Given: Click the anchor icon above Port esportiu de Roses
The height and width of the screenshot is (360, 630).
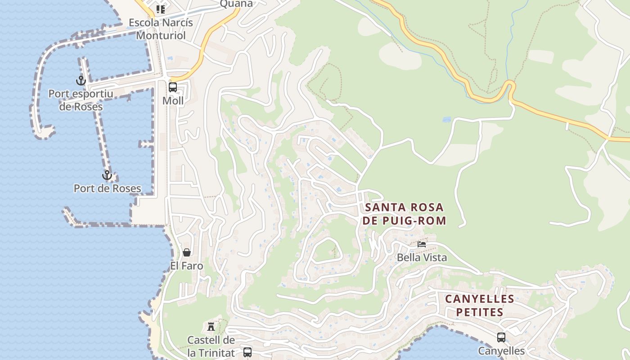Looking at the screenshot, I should click(x=81, y=81).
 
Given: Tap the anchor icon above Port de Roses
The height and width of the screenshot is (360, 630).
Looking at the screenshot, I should click(x=107, y=175).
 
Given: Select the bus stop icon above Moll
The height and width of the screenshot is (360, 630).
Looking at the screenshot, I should click(x=173, y=87).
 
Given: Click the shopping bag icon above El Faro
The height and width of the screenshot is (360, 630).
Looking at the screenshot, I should click(x=187, y=252).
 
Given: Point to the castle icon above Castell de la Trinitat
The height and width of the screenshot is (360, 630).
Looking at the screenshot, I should click(x=211, y=326).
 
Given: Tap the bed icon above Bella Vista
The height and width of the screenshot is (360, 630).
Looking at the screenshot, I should click(x=422, y=244).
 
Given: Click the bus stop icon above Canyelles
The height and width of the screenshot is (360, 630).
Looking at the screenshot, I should click(x=501, y=337).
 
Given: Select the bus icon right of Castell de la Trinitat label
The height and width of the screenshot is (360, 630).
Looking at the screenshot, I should click(x=247, y=352).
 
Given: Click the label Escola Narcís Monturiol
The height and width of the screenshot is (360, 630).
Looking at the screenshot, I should click(x=161, y=29).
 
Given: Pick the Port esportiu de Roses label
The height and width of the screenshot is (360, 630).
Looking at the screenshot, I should click(x=81, y=100).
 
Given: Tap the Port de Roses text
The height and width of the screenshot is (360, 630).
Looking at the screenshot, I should click(x=108, y=189).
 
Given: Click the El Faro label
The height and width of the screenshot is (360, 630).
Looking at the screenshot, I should click(x=187, y=266).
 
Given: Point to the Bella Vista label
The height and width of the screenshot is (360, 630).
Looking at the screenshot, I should click(x=422, y=257).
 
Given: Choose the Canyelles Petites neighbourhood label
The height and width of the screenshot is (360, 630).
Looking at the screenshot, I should click(x=479, y=306).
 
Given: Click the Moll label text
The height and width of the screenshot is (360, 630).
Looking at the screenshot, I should click(x=173, y=101).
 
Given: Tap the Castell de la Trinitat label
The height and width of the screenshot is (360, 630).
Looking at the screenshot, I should click(x=211, y=346).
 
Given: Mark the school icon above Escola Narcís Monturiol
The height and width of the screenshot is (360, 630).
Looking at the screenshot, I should click(x=161, y=9).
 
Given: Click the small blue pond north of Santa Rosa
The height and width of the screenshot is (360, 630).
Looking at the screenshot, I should click(x=446, y=120).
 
